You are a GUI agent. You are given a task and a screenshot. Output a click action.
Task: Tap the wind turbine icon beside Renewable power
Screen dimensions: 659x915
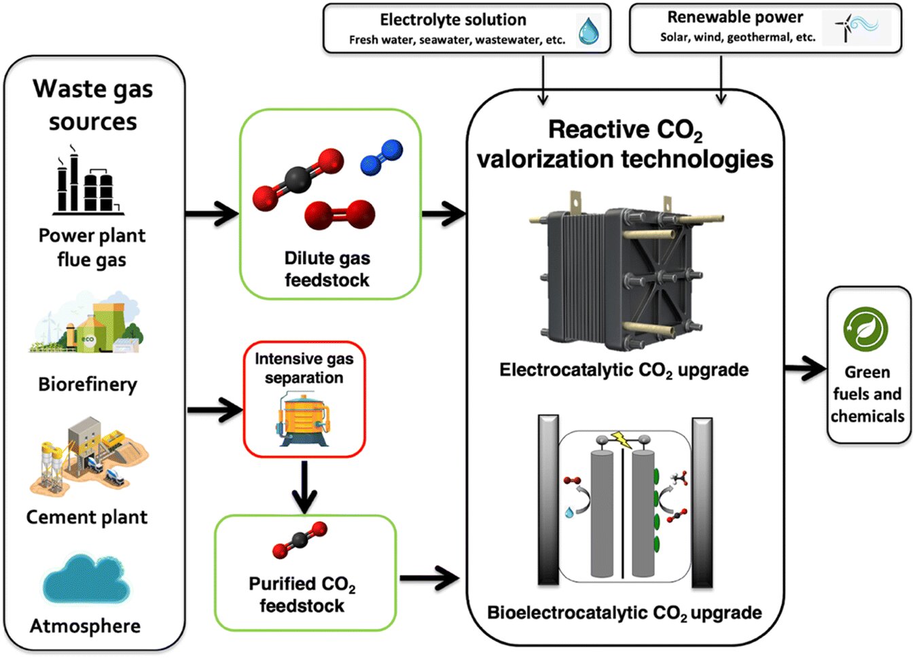coord(856,29)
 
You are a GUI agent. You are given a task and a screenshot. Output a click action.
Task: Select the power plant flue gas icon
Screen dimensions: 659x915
coord(88,182)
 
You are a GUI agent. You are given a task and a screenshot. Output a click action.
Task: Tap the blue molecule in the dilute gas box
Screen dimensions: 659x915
coord(381,158)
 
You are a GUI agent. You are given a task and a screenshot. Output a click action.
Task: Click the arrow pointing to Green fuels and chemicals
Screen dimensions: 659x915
coord(806,369)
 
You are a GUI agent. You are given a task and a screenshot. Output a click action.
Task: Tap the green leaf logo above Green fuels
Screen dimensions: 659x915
coord(865,329)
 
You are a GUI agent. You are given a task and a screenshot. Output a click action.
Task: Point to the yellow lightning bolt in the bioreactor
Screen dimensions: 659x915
coord(621,440)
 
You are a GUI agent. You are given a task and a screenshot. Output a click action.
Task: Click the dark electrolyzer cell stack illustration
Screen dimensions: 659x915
coord(625,272)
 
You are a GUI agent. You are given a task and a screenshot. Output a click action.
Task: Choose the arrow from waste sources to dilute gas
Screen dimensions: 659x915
coord(212,214)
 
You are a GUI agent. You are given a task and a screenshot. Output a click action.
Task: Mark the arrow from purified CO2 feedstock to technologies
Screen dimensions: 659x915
coord(429,579)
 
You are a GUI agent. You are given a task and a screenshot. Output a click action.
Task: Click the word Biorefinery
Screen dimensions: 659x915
coord(88,385)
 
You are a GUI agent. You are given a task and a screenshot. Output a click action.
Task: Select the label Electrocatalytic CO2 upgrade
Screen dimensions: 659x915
coord(624,370)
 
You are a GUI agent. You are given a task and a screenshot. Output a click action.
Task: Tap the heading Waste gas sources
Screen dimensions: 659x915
coord(93,105)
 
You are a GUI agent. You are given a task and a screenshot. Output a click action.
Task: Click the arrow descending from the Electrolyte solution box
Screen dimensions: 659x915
coord(543,80)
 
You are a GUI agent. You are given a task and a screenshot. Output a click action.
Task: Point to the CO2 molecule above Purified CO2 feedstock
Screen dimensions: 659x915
coord(300,540)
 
